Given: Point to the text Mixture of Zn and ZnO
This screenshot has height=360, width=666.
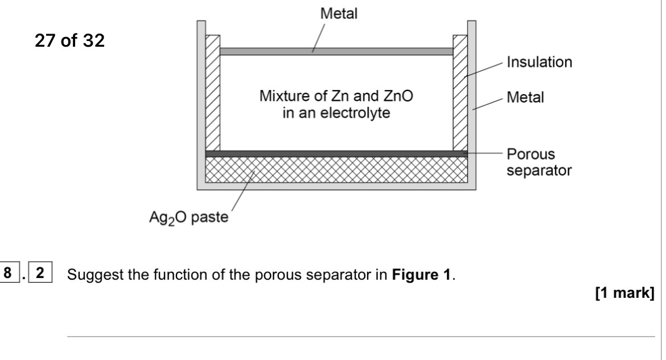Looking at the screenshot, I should pyautogui.click(x=337, y=98).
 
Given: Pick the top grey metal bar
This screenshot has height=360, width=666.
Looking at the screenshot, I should pyautogui.click(x=336, y=51).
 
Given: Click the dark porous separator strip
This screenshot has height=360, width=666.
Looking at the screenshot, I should pyautogui.click(x=336, y=154).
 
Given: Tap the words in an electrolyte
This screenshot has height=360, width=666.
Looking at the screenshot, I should pyautogui.click(x=337, y=113).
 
